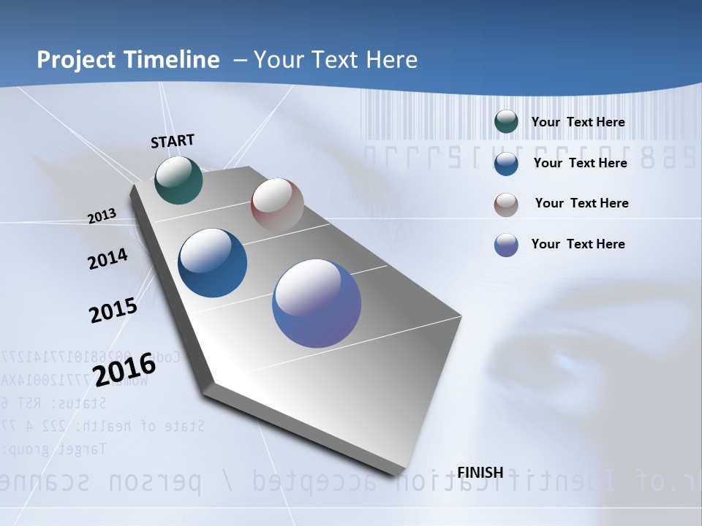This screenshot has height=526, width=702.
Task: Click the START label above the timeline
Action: pos(173,141)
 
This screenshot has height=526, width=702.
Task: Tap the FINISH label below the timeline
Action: pos(480,473)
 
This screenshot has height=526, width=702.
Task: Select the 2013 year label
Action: pos(102,216)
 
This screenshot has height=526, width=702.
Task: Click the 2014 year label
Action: pos(108,259)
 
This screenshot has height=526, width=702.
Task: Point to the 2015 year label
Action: pos(113,310)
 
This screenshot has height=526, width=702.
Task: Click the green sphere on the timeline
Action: pos(178,180)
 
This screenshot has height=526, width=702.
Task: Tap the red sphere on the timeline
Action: pos(277,204)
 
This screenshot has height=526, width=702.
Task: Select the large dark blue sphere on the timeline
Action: pos(213,263)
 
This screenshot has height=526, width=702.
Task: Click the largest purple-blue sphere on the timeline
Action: pos(317,303)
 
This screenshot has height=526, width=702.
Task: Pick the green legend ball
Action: pos(506,122)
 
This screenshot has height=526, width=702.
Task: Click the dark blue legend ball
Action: pos(506,163)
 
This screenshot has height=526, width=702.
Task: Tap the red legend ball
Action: pos(506,204)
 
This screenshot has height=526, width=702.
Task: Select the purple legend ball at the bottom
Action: pos(506,245)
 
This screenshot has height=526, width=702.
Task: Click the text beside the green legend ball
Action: pos(578,122)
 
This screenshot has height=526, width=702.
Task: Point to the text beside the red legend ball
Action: pos(581,203)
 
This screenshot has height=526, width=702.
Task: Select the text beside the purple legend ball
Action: pos(578,244)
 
